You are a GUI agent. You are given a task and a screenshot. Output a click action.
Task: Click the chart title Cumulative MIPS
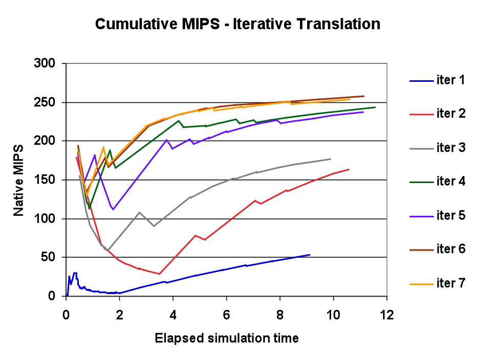click(238, 24)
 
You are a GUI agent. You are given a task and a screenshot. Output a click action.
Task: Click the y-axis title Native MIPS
click(18, 179)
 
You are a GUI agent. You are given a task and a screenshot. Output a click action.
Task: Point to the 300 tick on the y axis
click(50, 63)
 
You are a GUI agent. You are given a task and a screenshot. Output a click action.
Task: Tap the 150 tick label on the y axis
click(50, 180)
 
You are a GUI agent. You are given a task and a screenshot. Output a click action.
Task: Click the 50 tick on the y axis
click(53, 258)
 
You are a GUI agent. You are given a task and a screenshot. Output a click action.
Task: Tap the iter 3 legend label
click(450, 148)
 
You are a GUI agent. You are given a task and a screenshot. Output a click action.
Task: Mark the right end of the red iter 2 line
click(349, 169)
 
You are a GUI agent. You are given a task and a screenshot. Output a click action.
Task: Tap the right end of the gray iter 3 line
click(331, 159)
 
